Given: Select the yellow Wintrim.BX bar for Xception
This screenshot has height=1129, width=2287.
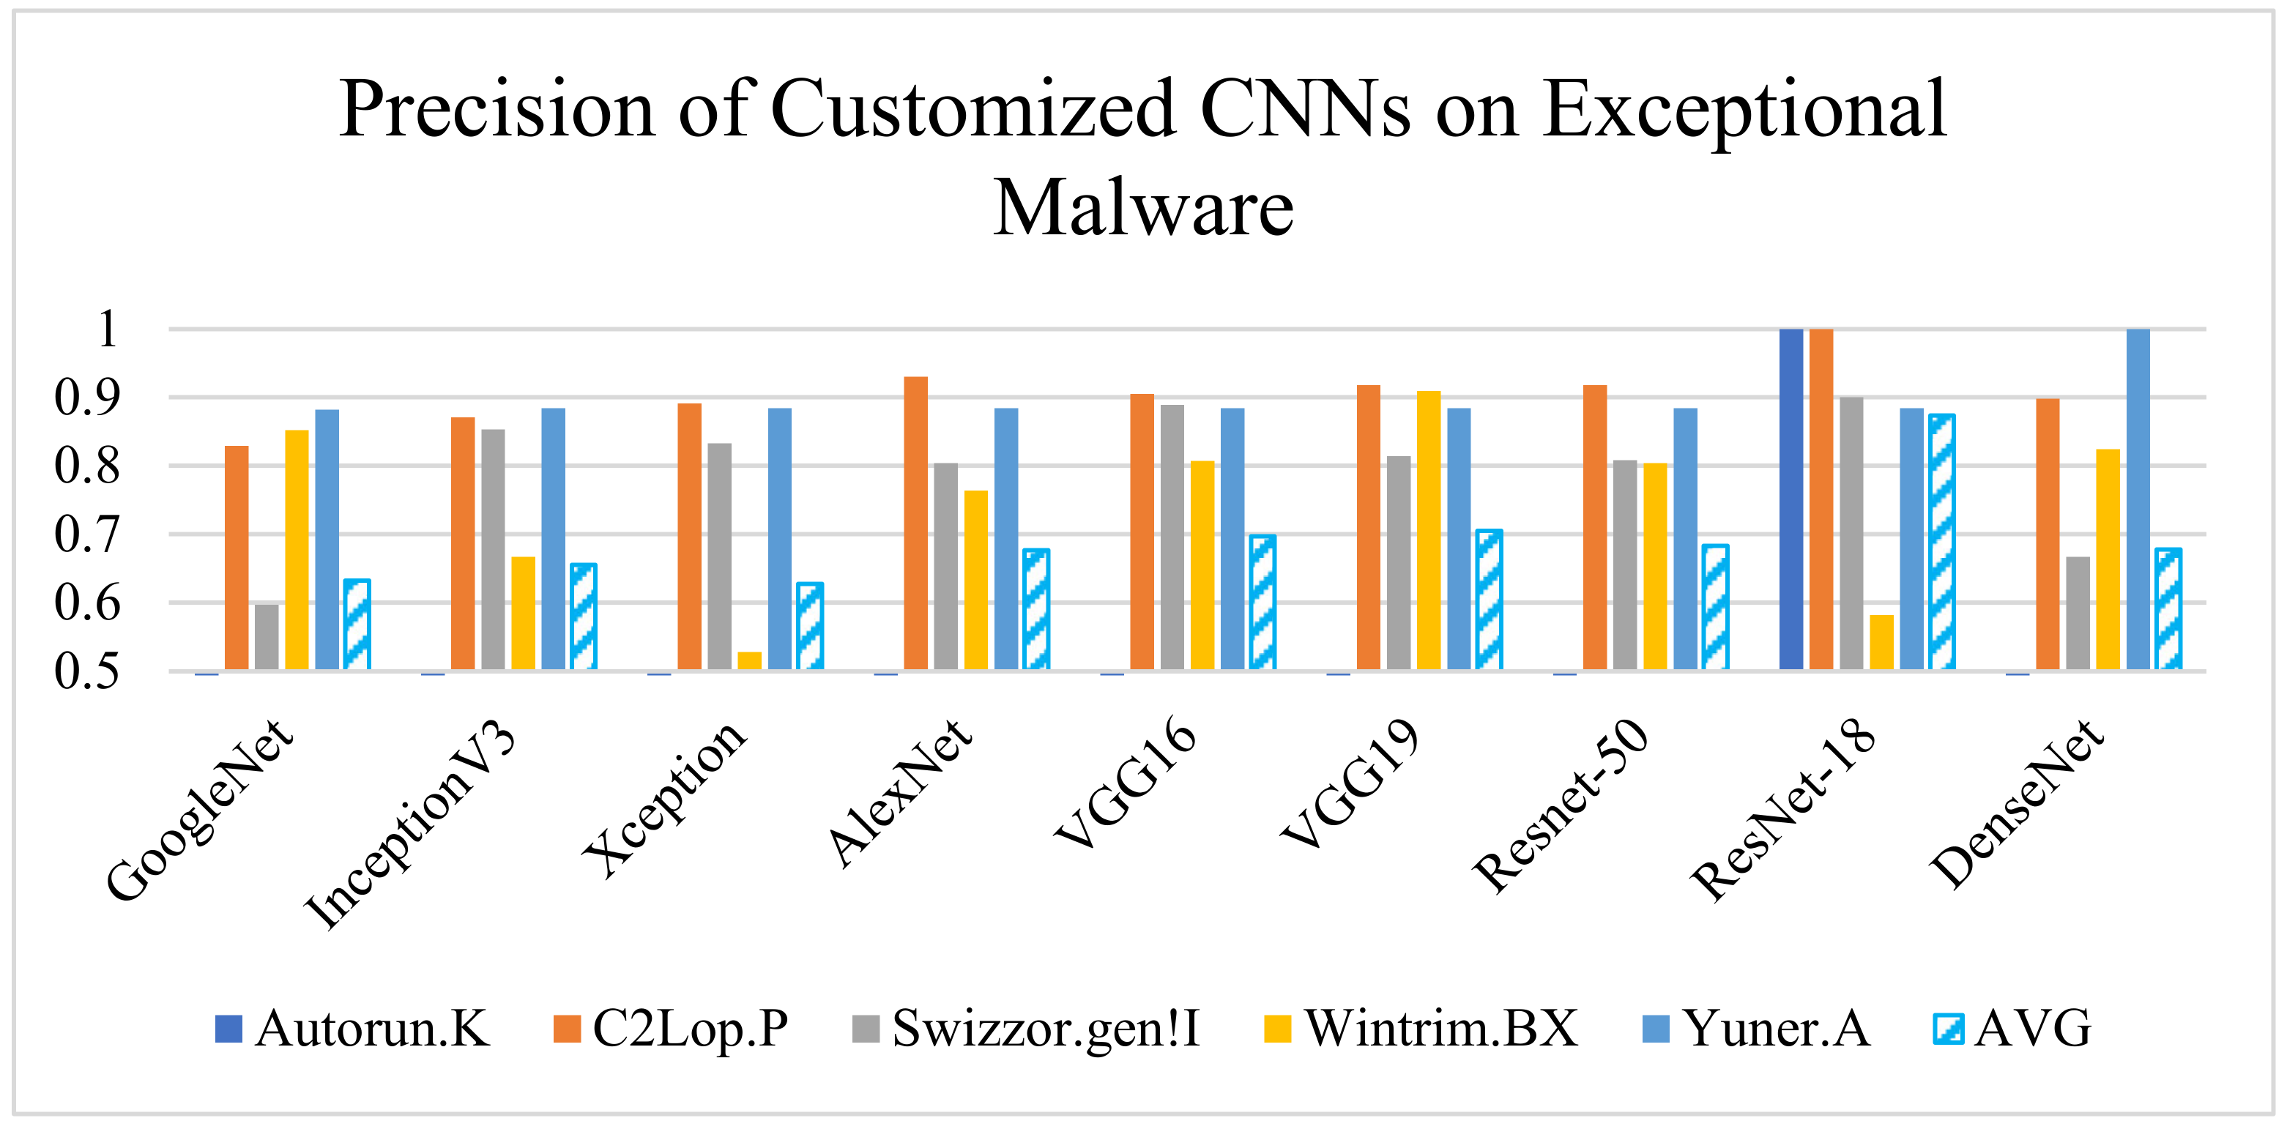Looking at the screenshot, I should click(749, 661).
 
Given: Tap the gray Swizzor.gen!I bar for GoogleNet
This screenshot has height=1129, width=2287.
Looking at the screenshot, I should click(267, 636).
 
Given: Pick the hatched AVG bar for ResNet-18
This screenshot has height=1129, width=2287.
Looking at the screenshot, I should click(1941, 541).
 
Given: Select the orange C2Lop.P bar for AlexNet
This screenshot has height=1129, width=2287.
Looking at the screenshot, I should click(915, 523).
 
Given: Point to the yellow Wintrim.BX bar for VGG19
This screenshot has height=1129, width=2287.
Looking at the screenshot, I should click(1429, 530).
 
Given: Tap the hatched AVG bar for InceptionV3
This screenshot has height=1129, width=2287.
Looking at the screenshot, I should click(584, 617).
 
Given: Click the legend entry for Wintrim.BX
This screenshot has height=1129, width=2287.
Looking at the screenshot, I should click(1421, 1029).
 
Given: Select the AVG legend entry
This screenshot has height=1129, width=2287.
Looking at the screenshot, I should click(2012, 1029).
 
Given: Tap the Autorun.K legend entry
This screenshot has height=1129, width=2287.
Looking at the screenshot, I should click(352, 1029).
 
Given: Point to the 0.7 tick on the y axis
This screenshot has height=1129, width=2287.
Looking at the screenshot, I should click(86, 535).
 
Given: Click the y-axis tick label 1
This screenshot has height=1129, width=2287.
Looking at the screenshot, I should click(106, 329).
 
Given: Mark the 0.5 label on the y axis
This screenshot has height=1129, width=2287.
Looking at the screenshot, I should click(86, 672).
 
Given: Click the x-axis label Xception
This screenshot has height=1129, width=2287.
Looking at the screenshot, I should click(666, 799).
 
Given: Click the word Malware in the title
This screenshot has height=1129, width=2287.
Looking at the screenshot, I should click(1142, 209).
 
